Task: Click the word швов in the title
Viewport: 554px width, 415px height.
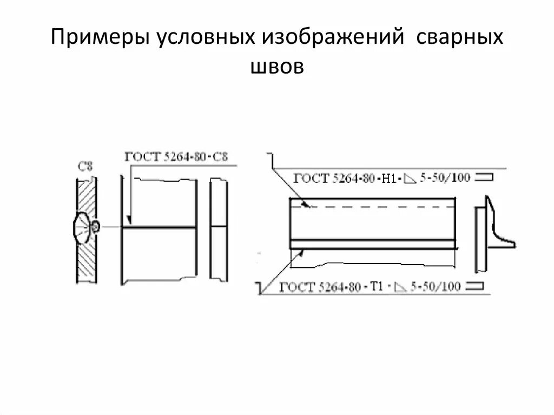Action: (277, 67)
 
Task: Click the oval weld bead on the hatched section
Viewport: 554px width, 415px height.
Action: (83, 227)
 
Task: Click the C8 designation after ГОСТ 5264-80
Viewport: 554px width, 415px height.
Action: (220, 157)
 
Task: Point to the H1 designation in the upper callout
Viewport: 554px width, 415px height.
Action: (389, 178)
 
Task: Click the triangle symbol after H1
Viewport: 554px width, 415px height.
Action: (410, 179)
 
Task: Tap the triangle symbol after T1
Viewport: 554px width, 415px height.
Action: (399, 287)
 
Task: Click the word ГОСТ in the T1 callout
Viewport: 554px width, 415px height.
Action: (296, 287)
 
